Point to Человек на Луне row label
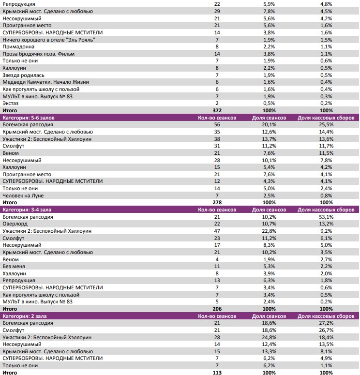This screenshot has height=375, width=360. coord(23,195)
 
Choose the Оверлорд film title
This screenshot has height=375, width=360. coord(14,224)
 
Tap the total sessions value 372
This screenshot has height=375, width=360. coord(217,110)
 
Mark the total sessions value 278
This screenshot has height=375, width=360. coord(217,203)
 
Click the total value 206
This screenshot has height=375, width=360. coord(217,309)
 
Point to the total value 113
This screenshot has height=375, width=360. coord(217,373)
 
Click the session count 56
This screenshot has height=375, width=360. coord(217,124)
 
